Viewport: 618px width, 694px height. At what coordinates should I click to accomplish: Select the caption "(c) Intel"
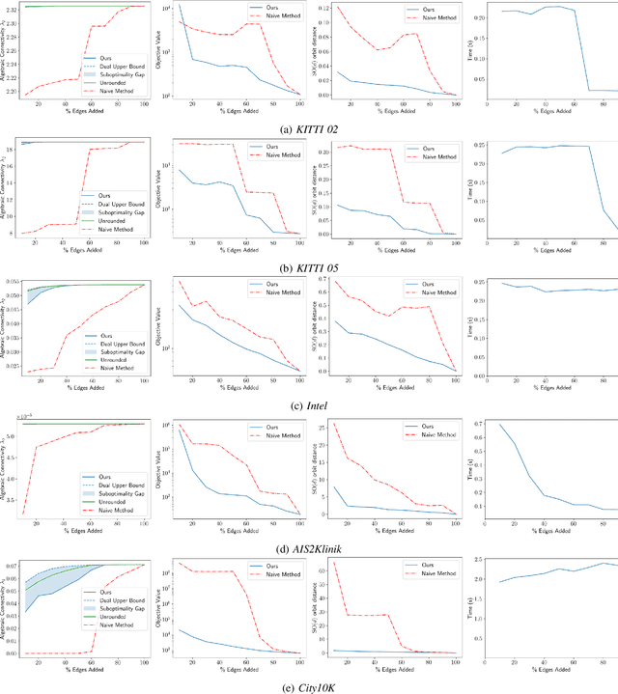pos(308,403)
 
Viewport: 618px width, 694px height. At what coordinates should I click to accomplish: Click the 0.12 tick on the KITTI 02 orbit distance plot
pos(323,8)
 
